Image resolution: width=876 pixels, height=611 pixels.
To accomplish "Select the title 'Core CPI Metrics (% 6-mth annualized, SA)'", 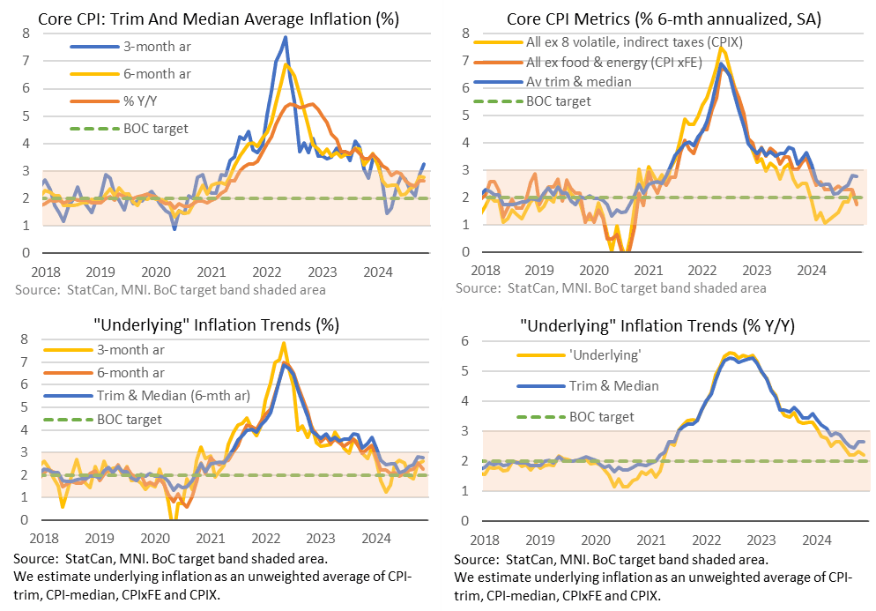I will [657, 19].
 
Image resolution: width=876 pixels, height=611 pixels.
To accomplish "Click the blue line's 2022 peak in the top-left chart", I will [286, 37].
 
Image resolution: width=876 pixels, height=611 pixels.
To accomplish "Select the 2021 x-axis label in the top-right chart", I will [648, 269].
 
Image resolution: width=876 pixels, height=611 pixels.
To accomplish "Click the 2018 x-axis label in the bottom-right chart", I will [484, 538].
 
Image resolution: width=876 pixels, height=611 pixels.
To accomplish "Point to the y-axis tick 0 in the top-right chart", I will [467, 252].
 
